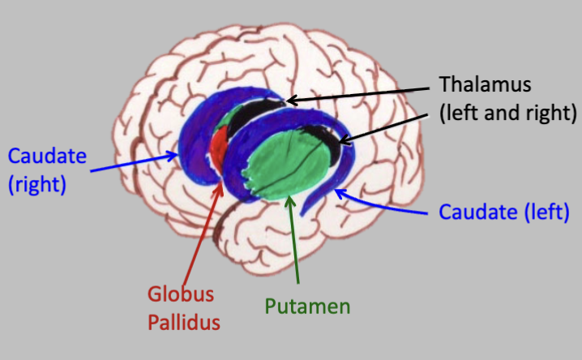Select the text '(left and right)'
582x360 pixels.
pyautogui.click(x=507, y=113)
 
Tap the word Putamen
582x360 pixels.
pyautogui.click(x=307, y=306)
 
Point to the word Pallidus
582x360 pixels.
pyautogui.click(x=184, y=323)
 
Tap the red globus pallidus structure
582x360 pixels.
pyautogui.click(x=217, y=150)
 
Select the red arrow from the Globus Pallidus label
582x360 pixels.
pyautogui.click(x=203, y=235)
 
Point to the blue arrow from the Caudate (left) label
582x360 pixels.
pyautogui.click(x=381, y=202)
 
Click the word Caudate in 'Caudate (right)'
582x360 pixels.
pyautogui.click(x=41, y=156)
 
